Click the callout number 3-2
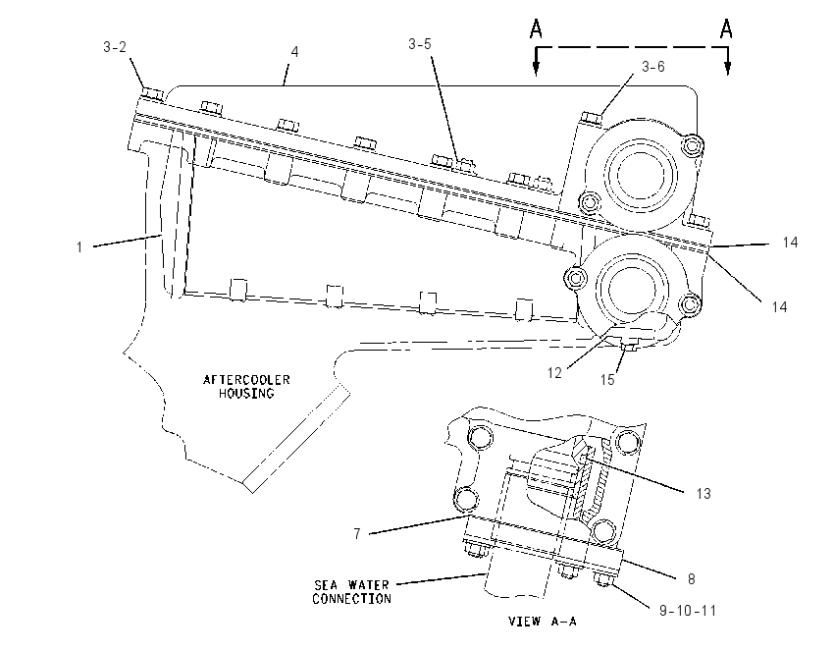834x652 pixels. tap(115, 47)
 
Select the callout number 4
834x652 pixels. tap(294, 52)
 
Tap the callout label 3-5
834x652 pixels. tap(420, 44)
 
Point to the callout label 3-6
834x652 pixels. tap(653, 67)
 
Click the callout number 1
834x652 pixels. tap(79, 247)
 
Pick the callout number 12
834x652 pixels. tap(554, 373)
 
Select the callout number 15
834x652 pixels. tap(607, 380)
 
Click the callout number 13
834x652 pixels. tap(704, 494)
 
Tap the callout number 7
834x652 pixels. tap(357, 533)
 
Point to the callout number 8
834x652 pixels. tap(692, 579)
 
